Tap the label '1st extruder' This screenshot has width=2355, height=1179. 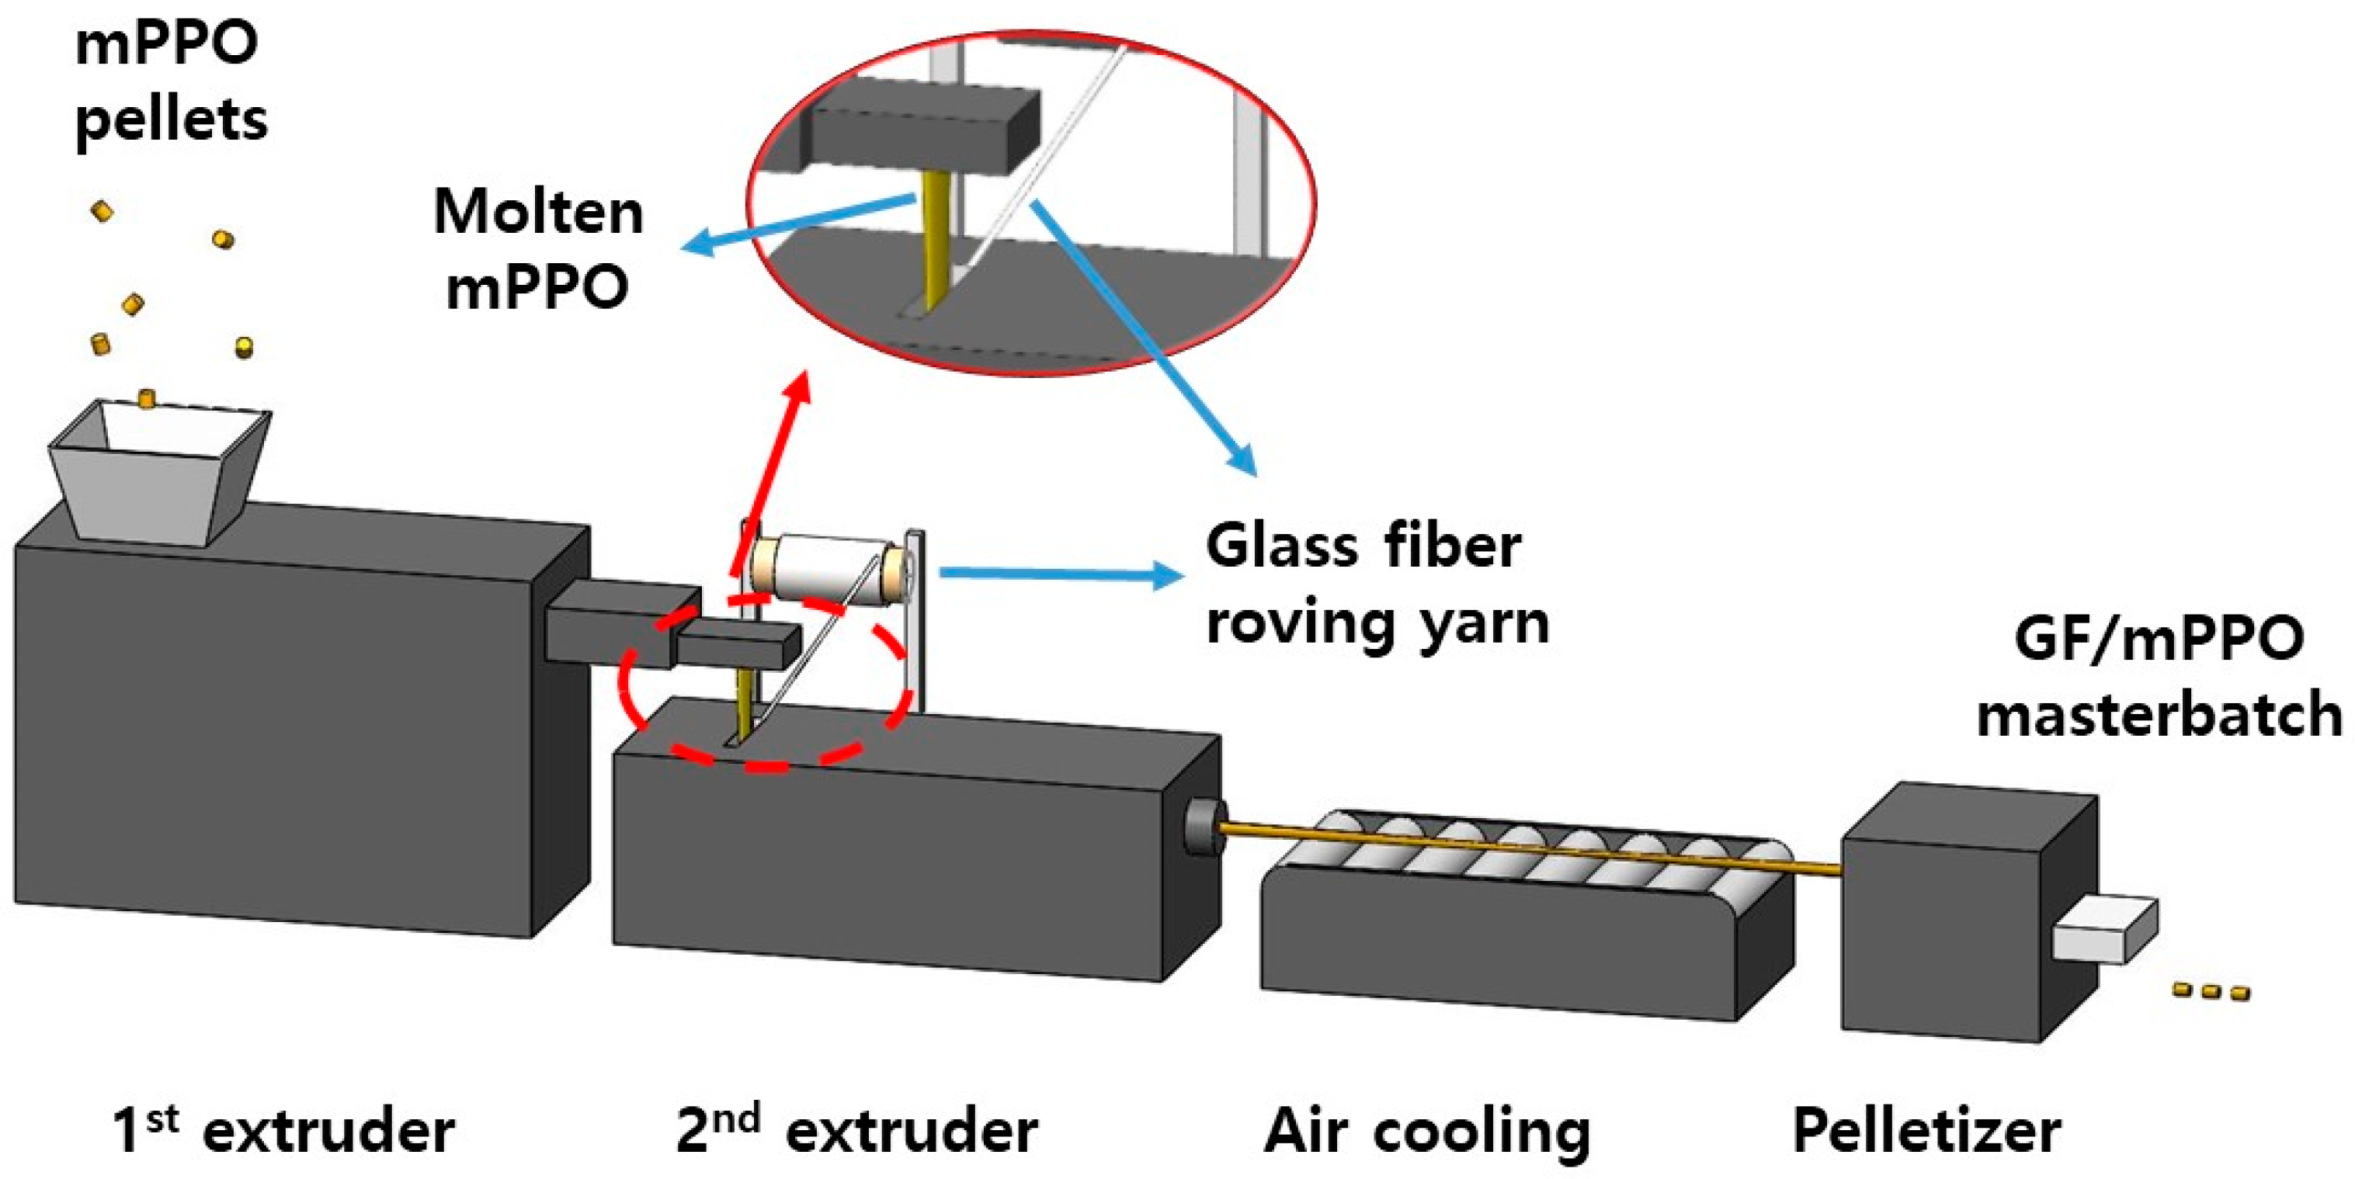[x=283, y=1131]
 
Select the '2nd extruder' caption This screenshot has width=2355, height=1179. [x=856, y=1131]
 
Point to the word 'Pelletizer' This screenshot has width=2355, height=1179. [x=1927, y=1131]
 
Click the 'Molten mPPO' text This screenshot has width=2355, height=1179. [x=538, y=248]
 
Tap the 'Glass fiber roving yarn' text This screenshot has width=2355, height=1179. [x=1376, y=585]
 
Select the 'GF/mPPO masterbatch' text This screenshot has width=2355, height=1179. [x=2159, y=676]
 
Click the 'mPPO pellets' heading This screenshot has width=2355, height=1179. [x=170, y=82]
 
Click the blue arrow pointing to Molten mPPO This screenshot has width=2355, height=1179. [x=795, y=223]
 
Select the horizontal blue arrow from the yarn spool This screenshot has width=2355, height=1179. [x=1061, y=574]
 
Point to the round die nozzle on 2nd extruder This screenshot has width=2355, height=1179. [x=1200, y=826]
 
